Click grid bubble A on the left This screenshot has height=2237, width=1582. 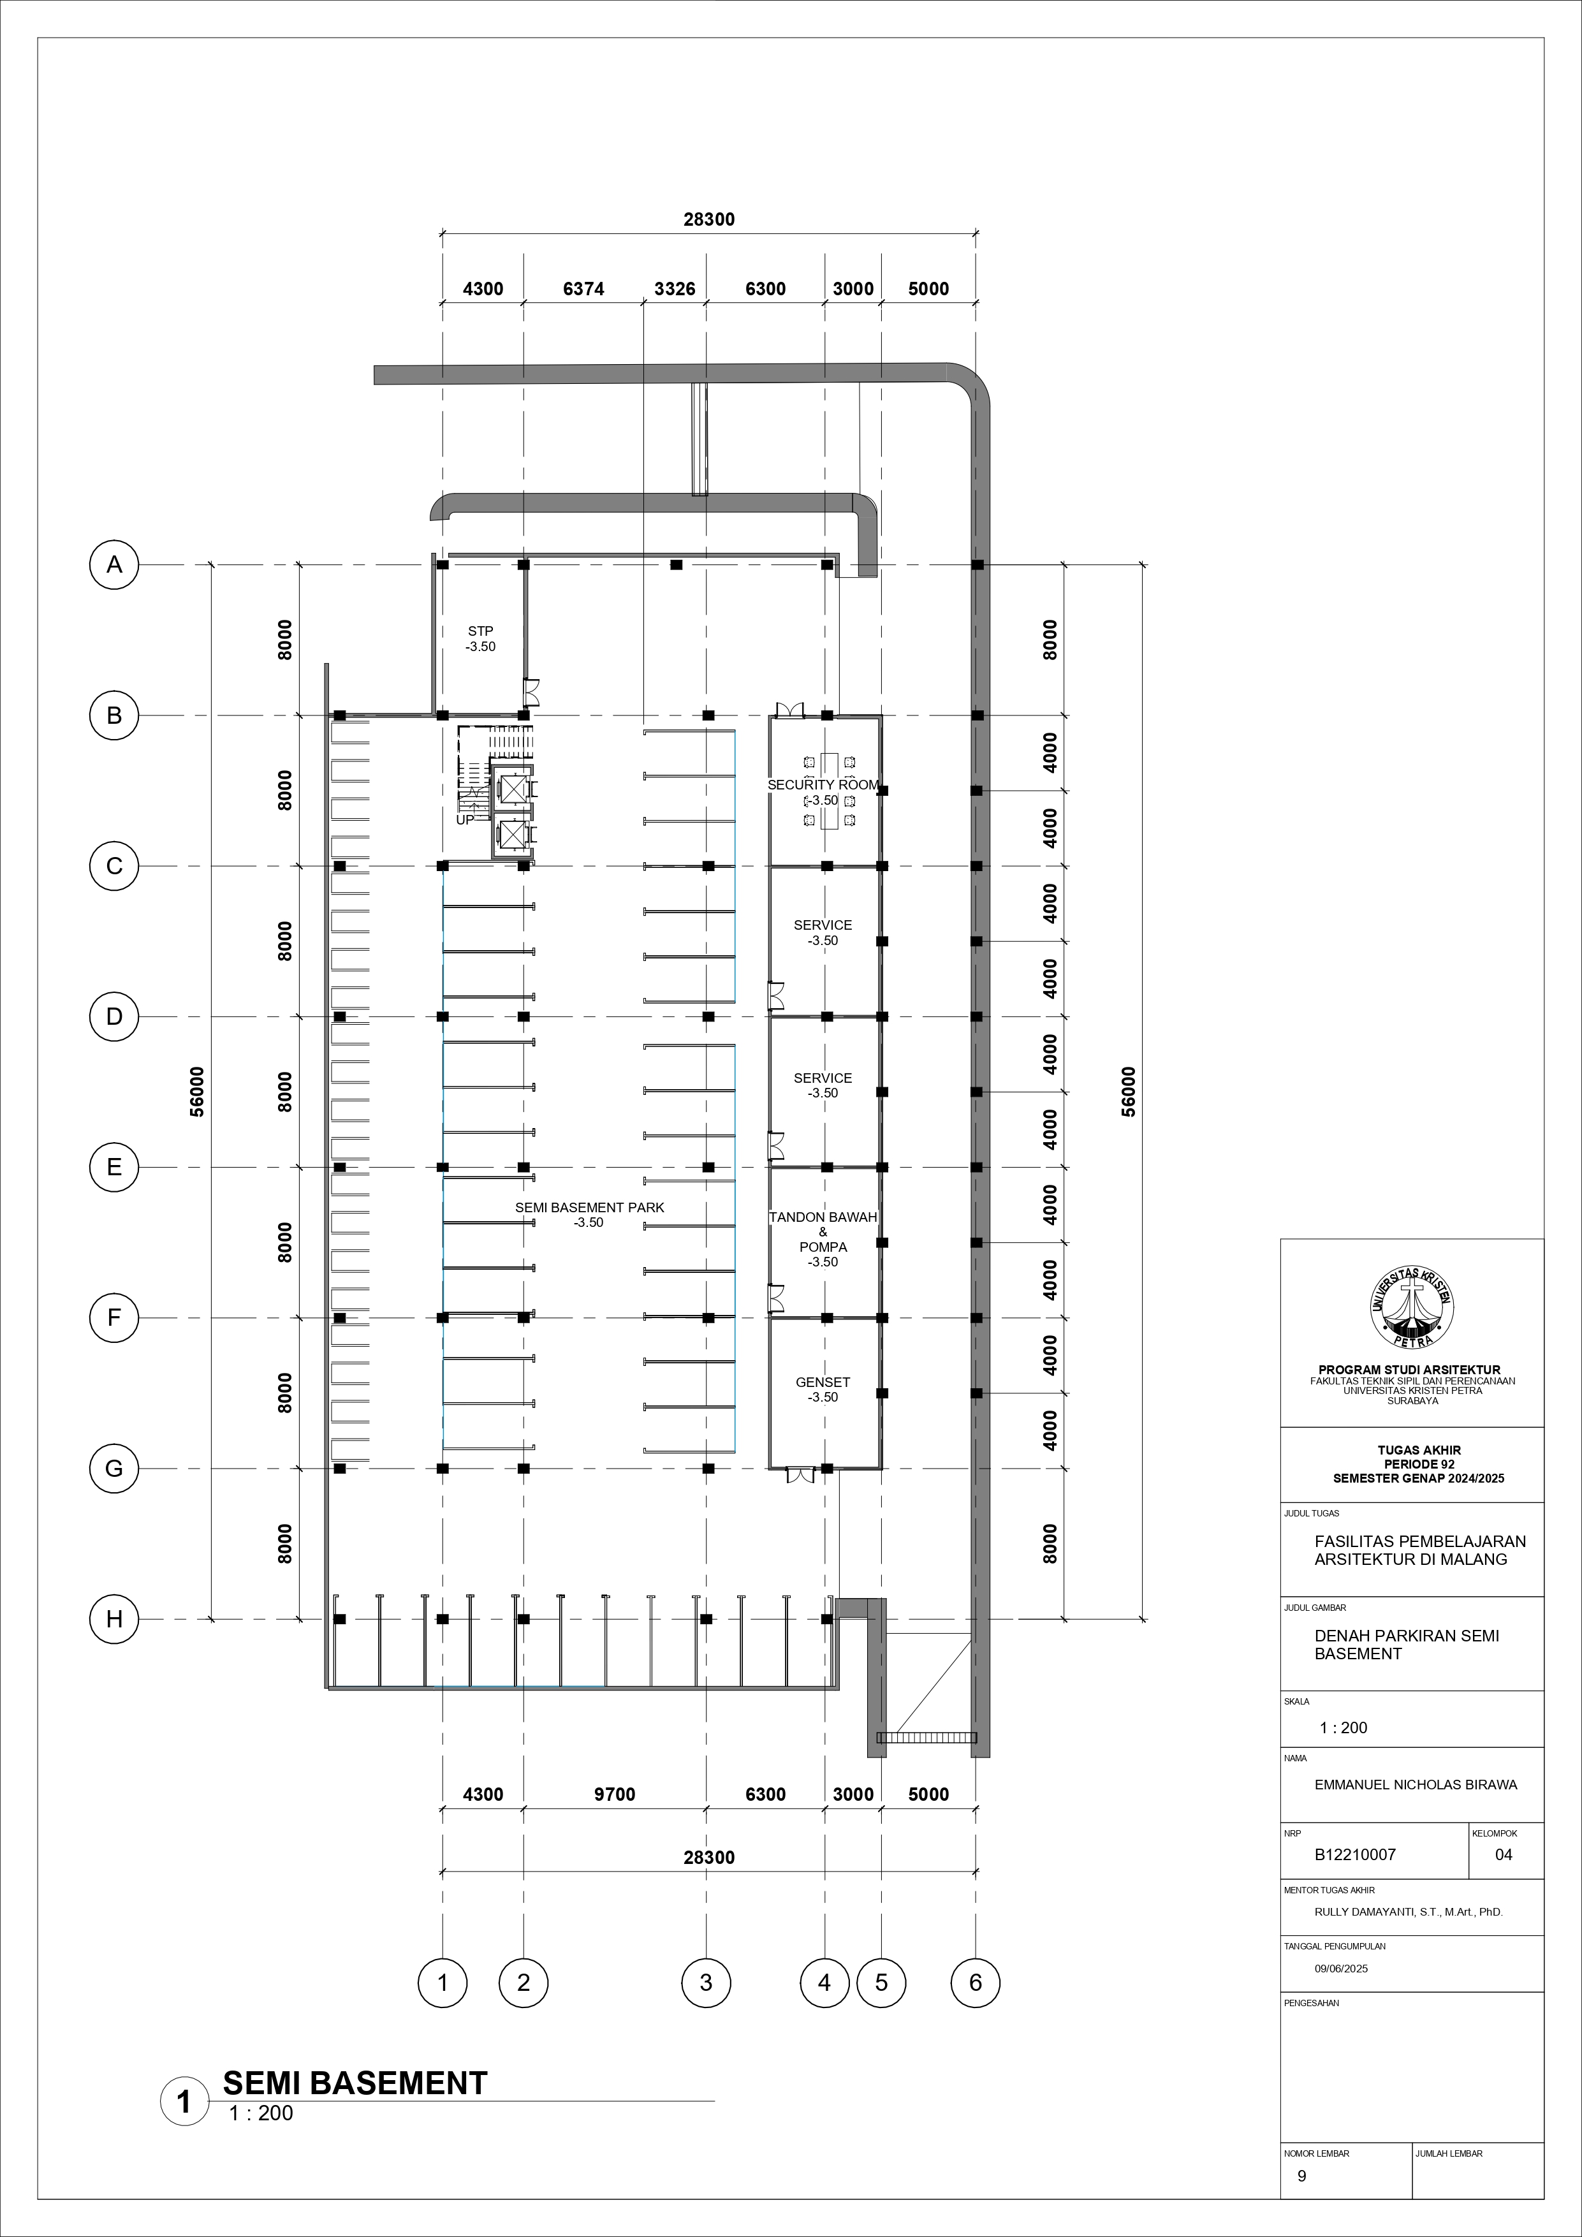tap(114, 564)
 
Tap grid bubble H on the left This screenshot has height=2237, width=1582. tap(114, 1619)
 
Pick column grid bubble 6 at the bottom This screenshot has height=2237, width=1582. tap(975, 1982)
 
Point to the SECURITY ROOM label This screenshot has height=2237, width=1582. tap(823, 785)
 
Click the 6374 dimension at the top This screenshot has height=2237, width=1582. tap(583, 288)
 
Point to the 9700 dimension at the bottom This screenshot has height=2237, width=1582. tap(615, 1794)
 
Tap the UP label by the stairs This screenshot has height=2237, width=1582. tap(465, 819)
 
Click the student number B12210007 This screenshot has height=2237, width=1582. tap(1355, 1854)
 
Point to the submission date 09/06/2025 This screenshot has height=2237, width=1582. tap(1342, 1968)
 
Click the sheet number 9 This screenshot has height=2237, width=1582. tap(1303, 2176)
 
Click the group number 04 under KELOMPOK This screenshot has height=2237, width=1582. tap(1504, 1854)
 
